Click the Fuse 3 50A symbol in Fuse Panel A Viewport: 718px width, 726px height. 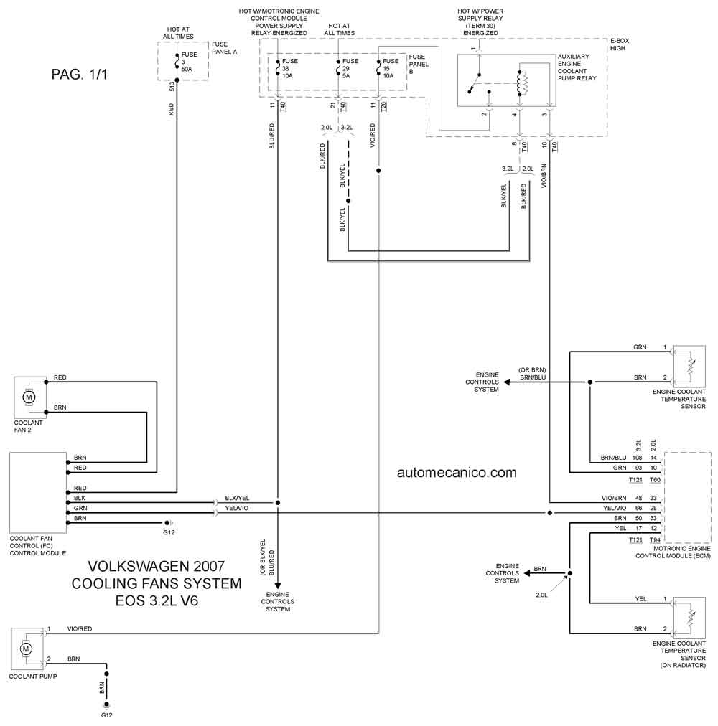point(177,62)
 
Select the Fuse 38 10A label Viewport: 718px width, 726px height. point(289,68)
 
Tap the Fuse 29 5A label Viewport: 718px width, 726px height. point(350,68)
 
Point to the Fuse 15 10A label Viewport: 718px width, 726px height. point(391,68)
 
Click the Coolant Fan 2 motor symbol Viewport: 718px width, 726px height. point(29,397)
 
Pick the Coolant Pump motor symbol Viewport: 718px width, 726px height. point(26,649)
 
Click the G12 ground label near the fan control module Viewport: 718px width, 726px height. point(169,532)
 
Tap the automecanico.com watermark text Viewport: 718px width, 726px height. point(457,472)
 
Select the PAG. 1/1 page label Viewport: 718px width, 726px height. point(79,75)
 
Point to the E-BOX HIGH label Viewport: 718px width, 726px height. point(620,44)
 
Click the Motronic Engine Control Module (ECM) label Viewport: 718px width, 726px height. point(673,552)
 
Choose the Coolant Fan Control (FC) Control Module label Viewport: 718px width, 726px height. point(38,546)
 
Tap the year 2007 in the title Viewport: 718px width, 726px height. point(209,566)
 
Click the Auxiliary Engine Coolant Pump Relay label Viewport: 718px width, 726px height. point(577,67)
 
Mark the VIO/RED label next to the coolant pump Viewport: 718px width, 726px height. point(80,628)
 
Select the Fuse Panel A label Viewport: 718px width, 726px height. point(224,47)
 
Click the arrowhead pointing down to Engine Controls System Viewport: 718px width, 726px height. point(278,585)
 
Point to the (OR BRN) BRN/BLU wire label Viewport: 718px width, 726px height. point(533,374)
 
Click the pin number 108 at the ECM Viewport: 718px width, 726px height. point(637,458)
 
